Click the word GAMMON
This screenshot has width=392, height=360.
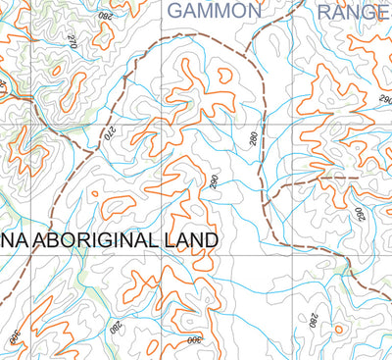[215, 11]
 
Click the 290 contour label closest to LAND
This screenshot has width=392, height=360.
[213, 181]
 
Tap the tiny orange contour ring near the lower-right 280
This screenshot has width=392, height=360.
[338, 329]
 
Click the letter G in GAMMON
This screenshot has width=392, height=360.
[176, 11]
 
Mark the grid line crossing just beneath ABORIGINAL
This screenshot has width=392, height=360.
[134, 257]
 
